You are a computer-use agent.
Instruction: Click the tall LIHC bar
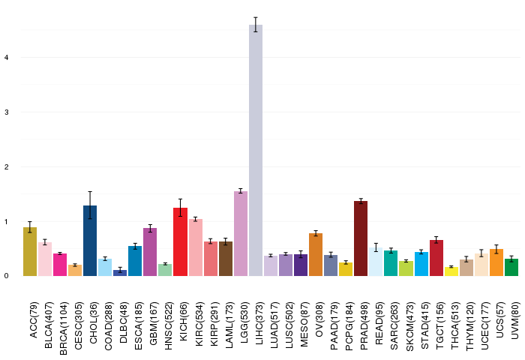coord(256,150)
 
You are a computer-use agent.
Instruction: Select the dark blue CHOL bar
coord(90,241)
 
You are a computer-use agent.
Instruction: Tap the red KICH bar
coord(181,241)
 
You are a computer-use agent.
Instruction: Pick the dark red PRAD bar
coord(361,238)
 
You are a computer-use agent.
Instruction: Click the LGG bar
coord(241,234)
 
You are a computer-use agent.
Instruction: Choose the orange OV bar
coord(316,254)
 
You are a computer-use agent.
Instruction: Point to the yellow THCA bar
coord(451,271)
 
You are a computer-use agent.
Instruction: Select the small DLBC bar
coord(120,273)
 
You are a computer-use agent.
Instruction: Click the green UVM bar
coord(511,267)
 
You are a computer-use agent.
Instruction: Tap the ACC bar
coord(30,251)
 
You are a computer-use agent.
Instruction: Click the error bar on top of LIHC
coord(256,25)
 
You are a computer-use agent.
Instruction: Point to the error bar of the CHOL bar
coord(90,205)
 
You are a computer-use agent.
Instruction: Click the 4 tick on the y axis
coord(6,58)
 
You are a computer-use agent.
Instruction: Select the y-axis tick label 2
coord(6,166)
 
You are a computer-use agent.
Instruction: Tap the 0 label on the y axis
coord(6,276)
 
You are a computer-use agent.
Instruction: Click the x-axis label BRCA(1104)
coord(63,328)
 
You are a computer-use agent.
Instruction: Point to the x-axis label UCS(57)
coord(499,319)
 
